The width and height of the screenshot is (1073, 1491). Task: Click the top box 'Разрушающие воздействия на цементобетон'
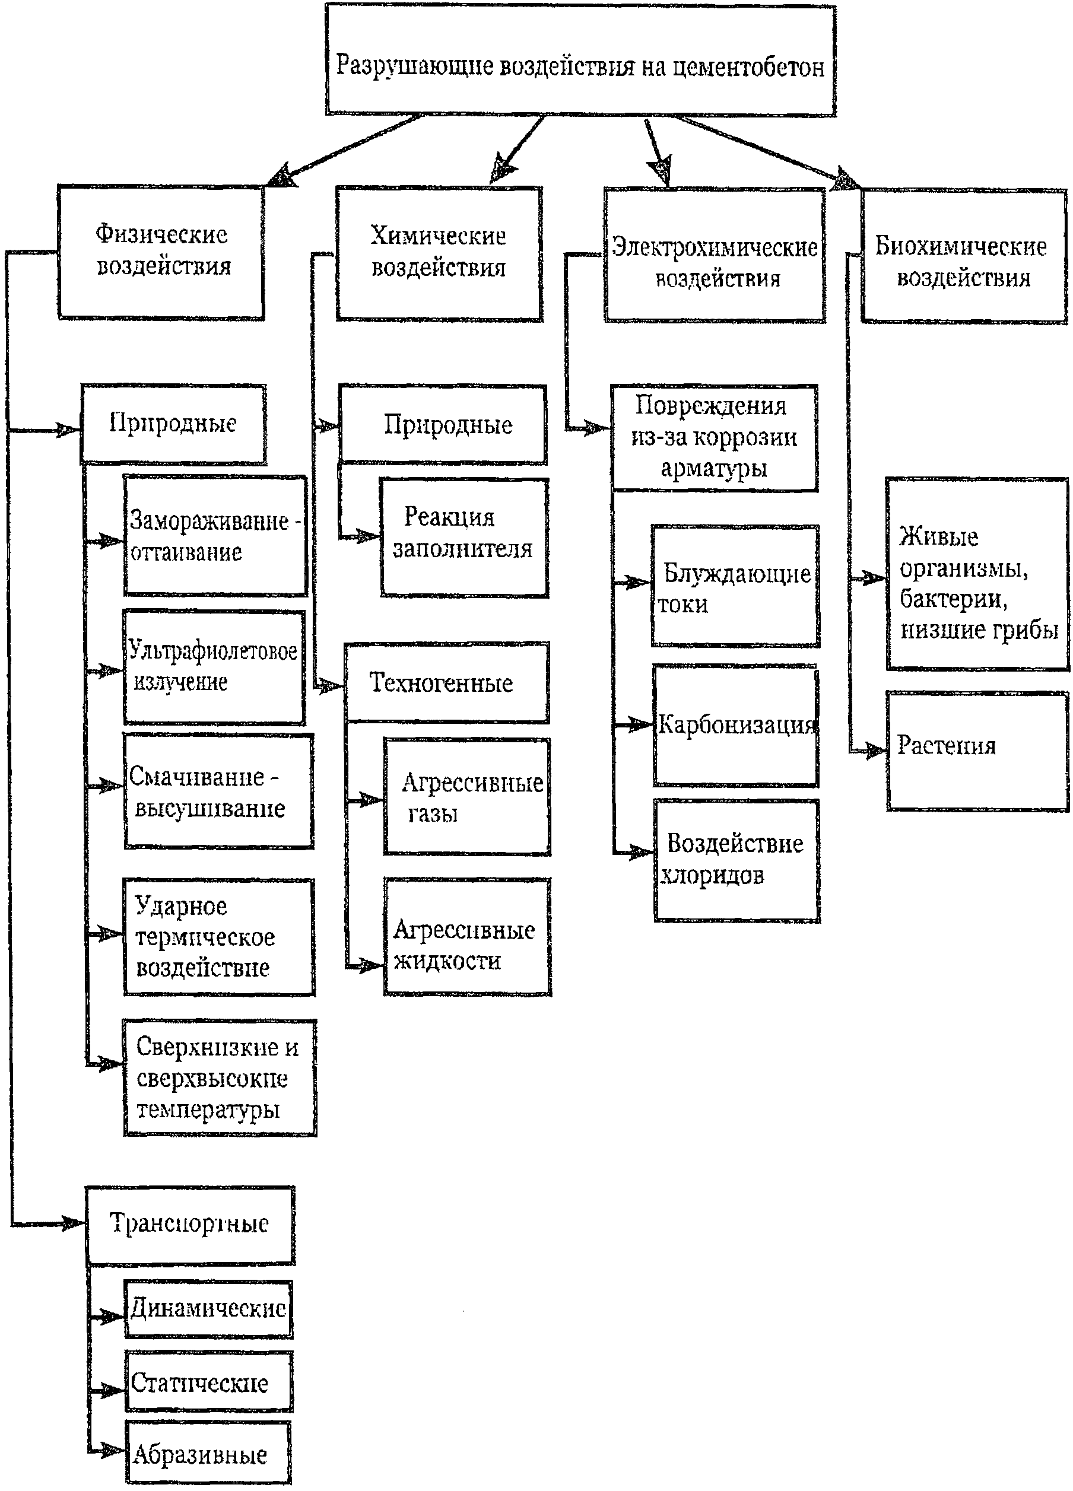[x=580, y=61]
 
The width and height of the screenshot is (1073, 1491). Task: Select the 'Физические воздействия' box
[x=161, y=252]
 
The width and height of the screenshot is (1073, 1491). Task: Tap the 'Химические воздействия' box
[x=439, y=254]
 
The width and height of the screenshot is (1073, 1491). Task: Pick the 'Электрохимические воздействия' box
[x=715, y=255]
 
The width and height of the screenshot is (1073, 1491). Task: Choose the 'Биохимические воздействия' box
[x=964, y=256]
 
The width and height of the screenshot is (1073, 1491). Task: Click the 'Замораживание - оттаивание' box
[x=215, y=536]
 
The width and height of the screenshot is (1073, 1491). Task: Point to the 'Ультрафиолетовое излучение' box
[x=214, y=667]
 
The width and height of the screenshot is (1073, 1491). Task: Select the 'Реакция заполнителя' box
[x=464, y=538]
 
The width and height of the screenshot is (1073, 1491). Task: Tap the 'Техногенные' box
[x=447, y=682]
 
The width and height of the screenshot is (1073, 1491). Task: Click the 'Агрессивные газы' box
[x=467, y=797]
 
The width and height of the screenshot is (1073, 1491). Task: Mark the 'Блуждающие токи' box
[x=735, y=586]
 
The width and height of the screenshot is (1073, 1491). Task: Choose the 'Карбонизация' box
[x=736, y=726]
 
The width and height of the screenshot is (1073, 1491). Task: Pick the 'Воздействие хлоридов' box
[x=737, y=860]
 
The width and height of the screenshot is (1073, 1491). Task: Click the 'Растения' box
[x=977, y=751]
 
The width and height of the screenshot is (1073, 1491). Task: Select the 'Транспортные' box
[x=190, y=1225]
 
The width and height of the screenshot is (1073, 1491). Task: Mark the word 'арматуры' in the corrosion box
[x=714, y=469]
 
